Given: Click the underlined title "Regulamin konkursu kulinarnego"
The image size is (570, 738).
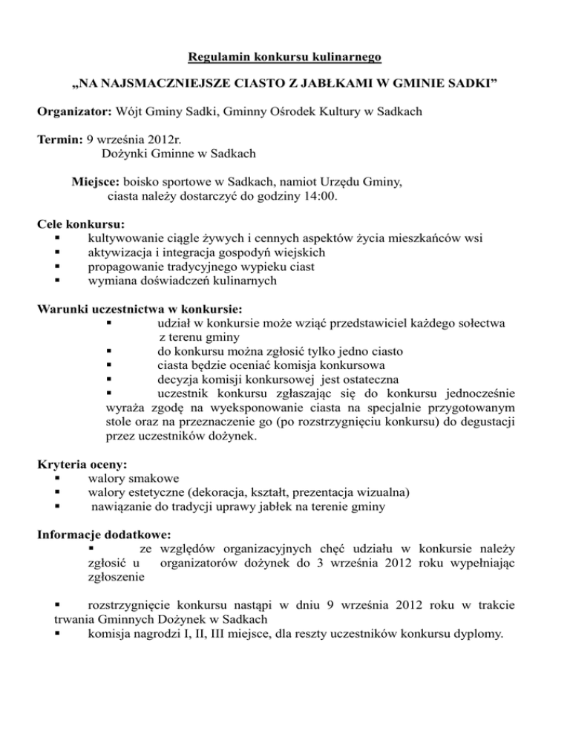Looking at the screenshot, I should click(285, 56).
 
